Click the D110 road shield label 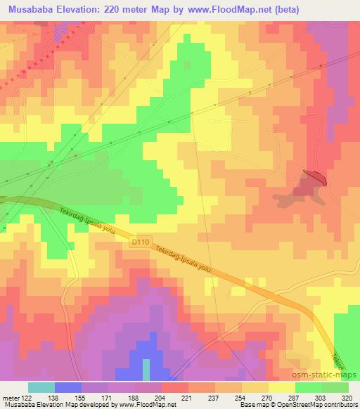[x=139, y=241]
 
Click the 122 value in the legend [x=28, y=397]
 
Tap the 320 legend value [x=349, y=397]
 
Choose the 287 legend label [x=295, y=397]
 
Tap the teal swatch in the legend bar [x=41, y=387]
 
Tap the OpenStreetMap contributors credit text [x=323, y=405]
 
